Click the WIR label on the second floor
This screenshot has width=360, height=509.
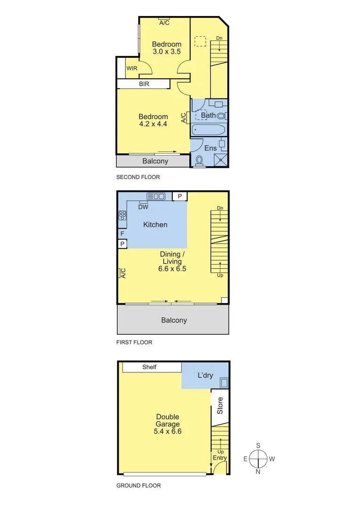pyautogui.click(x=131, y=68)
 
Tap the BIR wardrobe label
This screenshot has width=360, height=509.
pyautogui.click(x=144, y=84)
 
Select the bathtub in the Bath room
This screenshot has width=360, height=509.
pyautogui.click(x=209, y=130)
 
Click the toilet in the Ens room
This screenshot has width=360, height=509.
pyautogui.click(x=199, y=161)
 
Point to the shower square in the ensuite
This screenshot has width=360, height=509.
pyautogui.click(x=221, y=160)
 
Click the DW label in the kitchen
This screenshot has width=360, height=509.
pyautogui.click(x=144, y=206)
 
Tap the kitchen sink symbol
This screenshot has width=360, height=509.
pyautogui.click(x=155, y=197)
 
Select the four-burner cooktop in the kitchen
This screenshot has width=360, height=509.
pyautogui.click(x=123, y=215)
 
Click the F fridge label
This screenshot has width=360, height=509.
pyautogui.click(x=122, y=234)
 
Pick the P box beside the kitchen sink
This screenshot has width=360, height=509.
pyautogui.click(x=180, y=196)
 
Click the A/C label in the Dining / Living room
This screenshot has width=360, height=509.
pyautogui.click(x=123, y=273)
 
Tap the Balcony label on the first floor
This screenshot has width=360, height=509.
pyautogui.click(x=174, y=320)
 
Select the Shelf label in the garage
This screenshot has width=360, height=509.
pyautogui.click(x=149, y=367)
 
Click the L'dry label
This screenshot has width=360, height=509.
pyautogui.click(x=205, y=376)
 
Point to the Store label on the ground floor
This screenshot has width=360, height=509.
pyautogui.click(x=220, y=405)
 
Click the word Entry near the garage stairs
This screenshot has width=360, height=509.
pyautogui.click(x=220, y=458)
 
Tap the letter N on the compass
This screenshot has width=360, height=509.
pyautogui.click(x=258, y=471)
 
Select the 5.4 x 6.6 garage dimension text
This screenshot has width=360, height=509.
pyautogui.click(x=167, y=431)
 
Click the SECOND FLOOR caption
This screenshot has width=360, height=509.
pyautogui.click(x=138, y=177)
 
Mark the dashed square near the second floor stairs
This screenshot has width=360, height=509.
pyautogui.click(x=201, y=41)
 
